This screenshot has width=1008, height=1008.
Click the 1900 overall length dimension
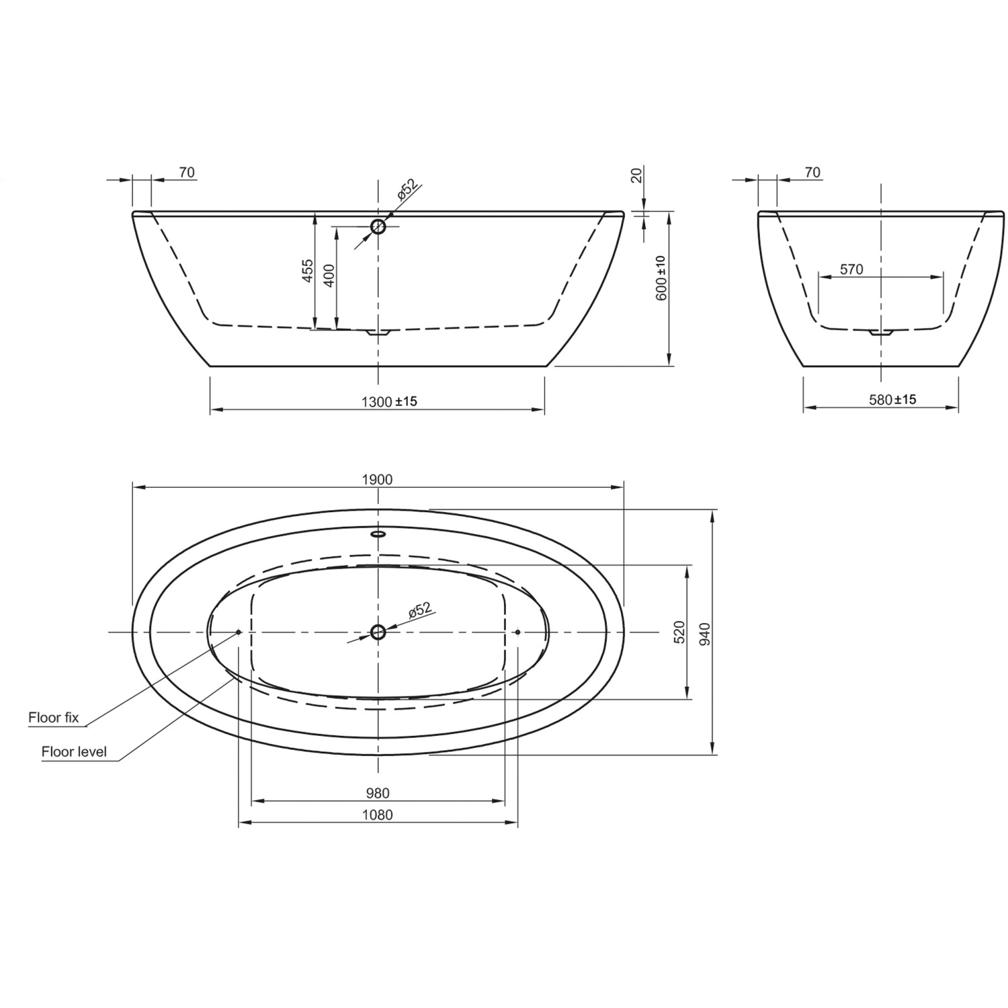pos(377,479)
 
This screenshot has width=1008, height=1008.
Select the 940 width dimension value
pos(704,633)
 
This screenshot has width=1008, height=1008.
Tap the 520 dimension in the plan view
pos(679,632)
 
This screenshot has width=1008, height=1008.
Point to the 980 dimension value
pos(378,793)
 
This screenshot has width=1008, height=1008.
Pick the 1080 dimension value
pos(378,815)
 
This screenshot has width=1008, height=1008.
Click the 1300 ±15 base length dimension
pos(389,401)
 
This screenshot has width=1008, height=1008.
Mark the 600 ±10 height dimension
pos(661,278)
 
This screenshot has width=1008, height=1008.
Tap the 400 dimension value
pos(329,276)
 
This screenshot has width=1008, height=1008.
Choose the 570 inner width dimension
pos(851,269)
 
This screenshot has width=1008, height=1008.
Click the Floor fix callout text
pos(54,718)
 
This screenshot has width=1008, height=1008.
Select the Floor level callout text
pos(74,751)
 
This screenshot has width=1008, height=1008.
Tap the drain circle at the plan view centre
pos(378,632)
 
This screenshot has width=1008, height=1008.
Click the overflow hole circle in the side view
pos(378,226)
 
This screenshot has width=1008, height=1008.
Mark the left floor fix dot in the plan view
pos(239,632)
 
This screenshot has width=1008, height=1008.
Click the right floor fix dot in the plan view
pos(517,632)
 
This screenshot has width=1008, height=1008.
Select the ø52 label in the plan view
pos(419,610)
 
